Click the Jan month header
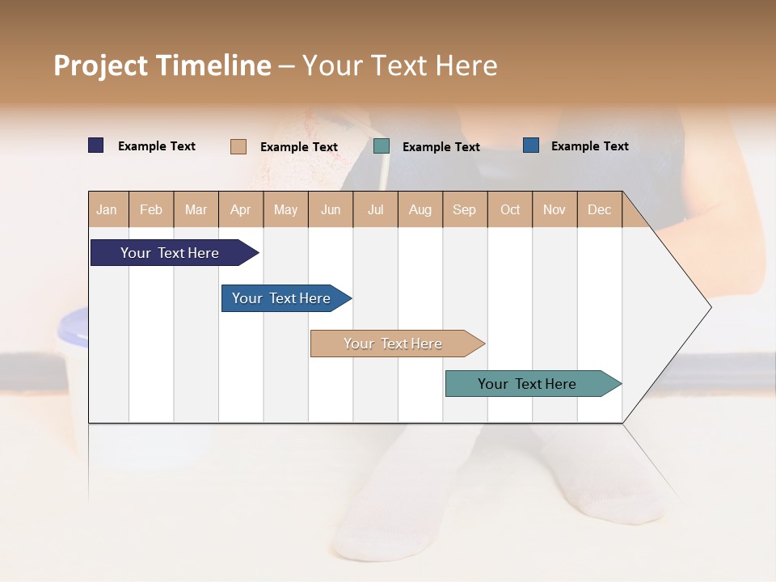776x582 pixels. coord(108,209)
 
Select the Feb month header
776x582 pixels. coord(151,209)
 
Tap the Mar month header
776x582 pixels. coord(196,209)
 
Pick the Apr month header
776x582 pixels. coord(241,209)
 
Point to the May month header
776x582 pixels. coord(285,209)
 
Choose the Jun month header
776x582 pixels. coord(331,209)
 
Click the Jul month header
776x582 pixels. coord(375,209)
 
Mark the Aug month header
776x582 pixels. coord(420,209)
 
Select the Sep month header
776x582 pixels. coord(465,209)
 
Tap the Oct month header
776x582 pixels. coord(510,209)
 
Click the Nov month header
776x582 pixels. coord(555,209)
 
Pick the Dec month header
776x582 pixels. coord(600,209)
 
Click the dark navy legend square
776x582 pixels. coord(96,145)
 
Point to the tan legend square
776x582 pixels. coord(238,146)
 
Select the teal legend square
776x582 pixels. coord(382,146)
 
